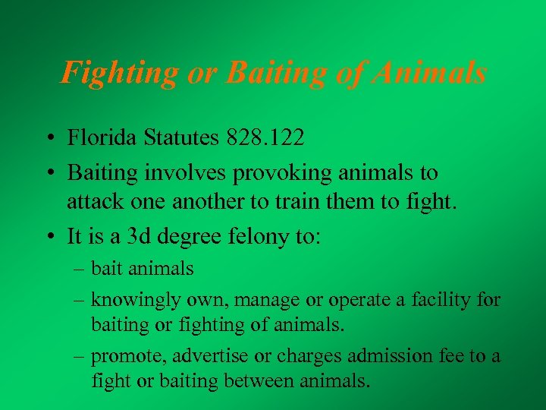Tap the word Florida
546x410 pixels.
[103, 138]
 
